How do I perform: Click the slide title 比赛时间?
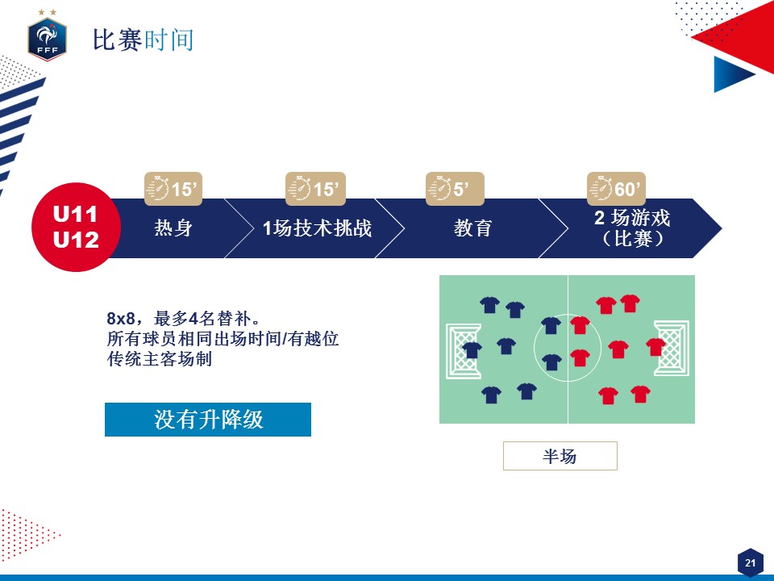pos(144,40)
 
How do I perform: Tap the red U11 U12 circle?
pos(76,228)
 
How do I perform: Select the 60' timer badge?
pos(616,189)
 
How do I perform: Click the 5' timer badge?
pos(455,189)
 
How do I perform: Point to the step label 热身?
pos(173,228)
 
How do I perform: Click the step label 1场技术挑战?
pos(317,228)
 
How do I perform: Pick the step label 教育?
pos(473,228)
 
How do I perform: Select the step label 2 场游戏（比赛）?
pos(632,228)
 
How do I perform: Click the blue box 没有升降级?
pos(208,420)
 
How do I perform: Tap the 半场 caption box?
pos(560,455)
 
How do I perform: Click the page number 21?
pos(751,562)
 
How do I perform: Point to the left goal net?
pos(463,351)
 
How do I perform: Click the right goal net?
pos(672,349)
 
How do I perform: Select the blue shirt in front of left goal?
pos(472,349)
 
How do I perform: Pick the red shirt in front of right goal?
pos(656,347)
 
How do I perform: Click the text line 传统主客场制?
pos(160,359)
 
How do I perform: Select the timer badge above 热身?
pos(173,189)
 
